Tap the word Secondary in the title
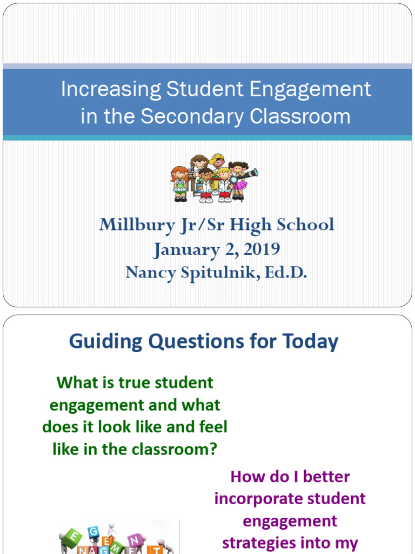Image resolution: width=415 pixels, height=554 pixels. (192, 116)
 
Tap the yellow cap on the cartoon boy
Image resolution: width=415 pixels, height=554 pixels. (216, 158)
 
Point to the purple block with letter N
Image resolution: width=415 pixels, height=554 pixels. (135, 539)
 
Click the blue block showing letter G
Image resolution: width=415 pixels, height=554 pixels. (93, 532)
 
